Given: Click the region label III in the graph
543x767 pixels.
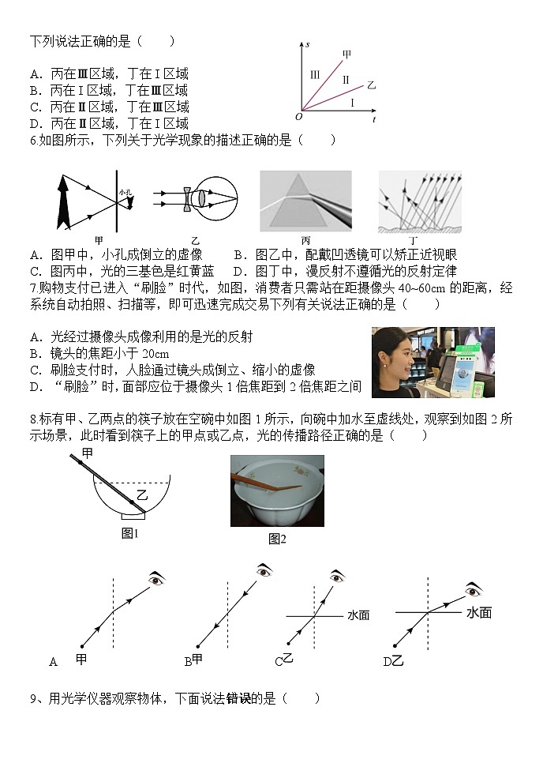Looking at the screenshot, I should pos(315,74).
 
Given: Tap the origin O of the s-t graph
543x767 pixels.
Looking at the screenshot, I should pos(298,117).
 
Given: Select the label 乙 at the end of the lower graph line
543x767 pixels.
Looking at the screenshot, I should pos(371,83).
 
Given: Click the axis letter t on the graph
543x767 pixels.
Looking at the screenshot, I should pos(373,119).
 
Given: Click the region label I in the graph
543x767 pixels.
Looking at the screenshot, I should pos(352,103).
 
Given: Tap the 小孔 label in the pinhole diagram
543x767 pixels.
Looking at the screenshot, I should pos(125,192).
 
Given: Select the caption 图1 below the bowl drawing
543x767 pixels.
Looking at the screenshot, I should pos(130,534).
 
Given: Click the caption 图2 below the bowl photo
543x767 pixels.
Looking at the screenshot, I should pos(277,539).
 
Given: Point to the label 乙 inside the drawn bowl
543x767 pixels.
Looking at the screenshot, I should pos(142,494).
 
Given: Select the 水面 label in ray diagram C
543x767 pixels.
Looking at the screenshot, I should pos(358,615).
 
